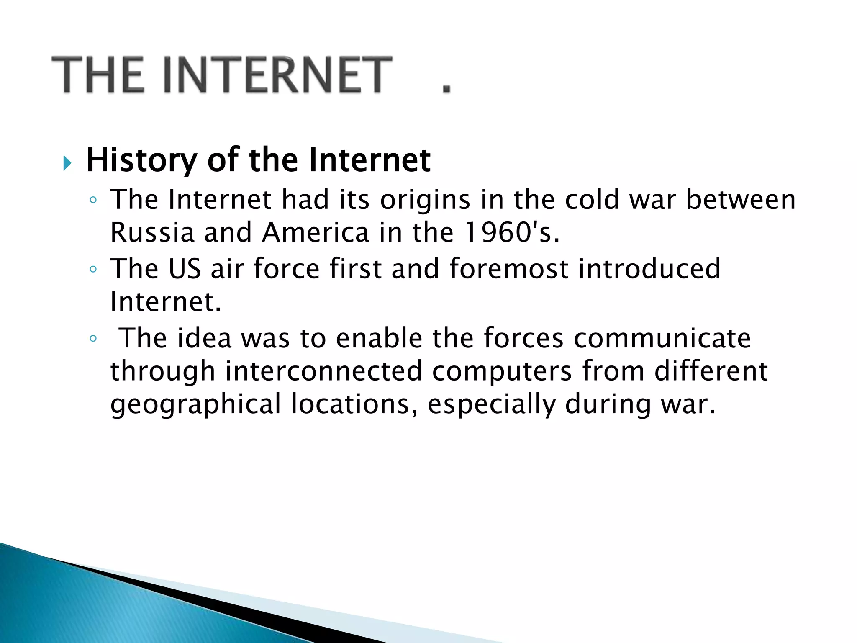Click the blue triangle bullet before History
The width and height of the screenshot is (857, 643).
pyautogui.click(x=67, y=162)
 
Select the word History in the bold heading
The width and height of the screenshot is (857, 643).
pyautogui.click(x=141, y=161)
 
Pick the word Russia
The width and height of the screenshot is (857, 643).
pyautogui.click(x=152, y=232)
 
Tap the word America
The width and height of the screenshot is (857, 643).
pyautogui.click(x=316, y=232)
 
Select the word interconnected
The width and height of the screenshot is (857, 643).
pyautogui.click(x=323, y=371)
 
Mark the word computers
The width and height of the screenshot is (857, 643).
pyautogui.click(x=502, y=371)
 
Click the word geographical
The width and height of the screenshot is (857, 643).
pyautogui.click(x=195, y=404)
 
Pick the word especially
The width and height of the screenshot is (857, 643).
pyautogui.click(x=492, y=404)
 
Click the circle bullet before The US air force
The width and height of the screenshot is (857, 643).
pyautogui.click(x=93, y=269)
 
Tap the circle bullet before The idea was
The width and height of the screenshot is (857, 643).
pyautogui.click(x=93, y=339)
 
